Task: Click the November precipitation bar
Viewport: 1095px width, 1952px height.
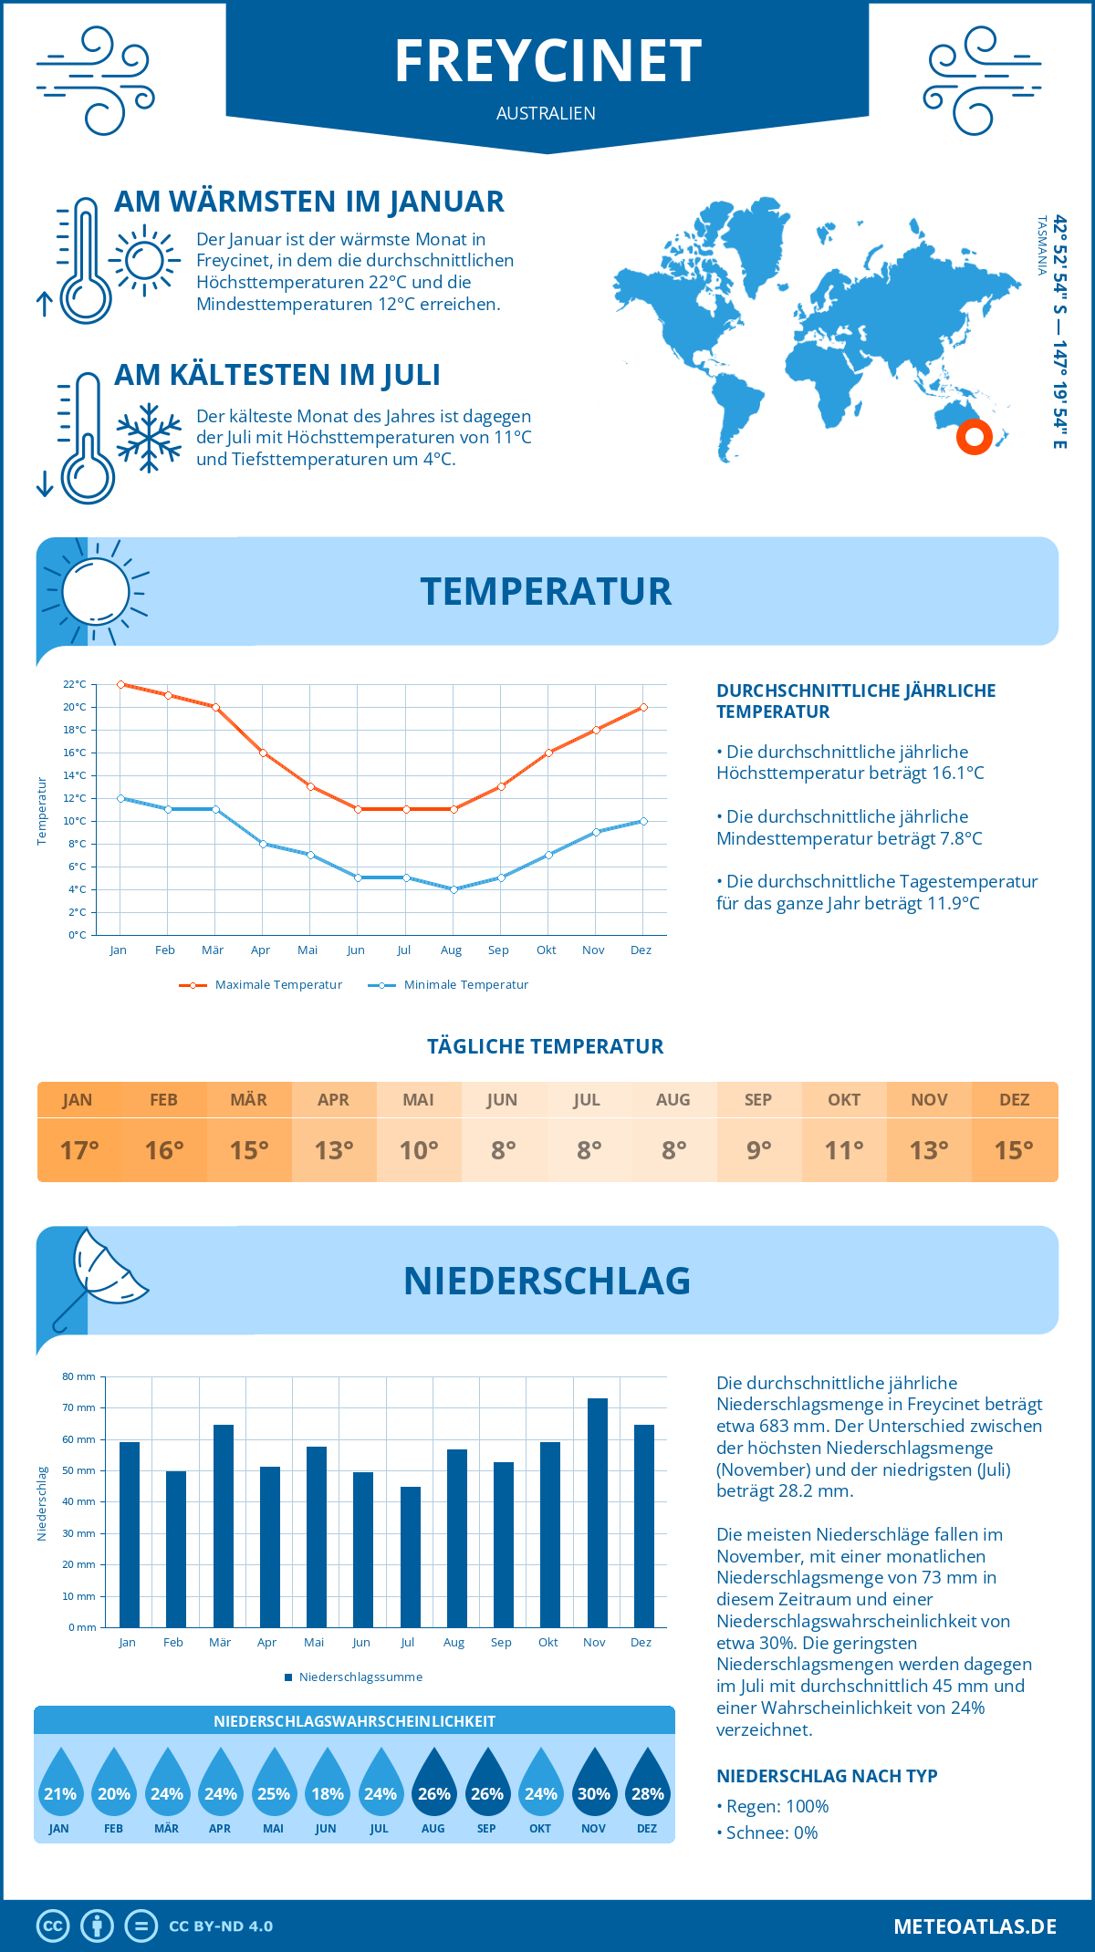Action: [597, 1512]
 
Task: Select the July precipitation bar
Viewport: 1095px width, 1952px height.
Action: [411, 1556]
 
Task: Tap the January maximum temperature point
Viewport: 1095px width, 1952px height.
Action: [120, 684]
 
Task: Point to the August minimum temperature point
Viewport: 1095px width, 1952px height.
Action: [454, 889]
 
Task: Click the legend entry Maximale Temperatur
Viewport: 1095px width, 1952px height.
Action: [261, 985]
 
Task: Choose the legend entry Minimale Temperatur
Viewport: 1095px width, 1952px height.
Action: [448, 985]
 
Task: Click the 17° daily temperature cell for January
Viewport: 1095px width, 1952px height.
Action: [79, 1150]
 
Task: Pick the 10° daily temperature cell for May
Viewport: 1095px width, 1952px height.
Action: [419, 1150]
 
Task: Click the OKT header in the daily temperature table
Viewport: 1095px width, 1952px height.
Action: [844, 1100]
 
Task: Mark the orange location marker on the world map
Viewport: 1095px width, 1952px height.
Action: [975, 437]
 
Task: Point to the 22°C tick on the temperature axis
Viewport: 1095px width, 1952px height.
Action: [75, 684]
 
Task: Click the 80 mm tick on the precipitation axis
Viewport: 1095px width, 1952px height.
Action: [79, 1376]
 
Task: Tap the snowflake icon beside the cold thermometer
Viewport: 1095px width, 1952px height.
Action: [149, 438]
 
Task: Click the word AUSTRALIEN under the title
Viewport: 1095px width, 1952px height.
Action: [546, 113]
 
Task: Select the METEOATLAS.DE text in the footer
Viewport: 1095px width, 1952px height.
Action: [975, 1926]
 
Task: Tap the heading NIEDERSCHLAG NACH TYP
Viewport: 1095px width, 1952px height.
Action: [827, 1776]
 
